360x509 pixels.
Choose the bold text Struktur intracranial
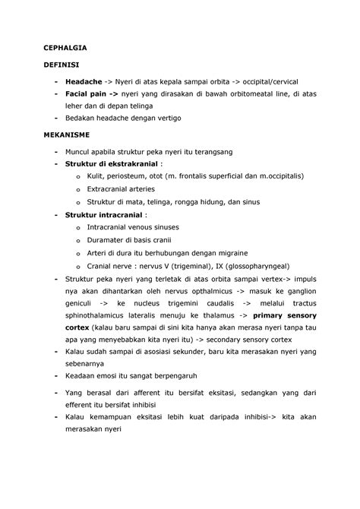click(x=105, y=215)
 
